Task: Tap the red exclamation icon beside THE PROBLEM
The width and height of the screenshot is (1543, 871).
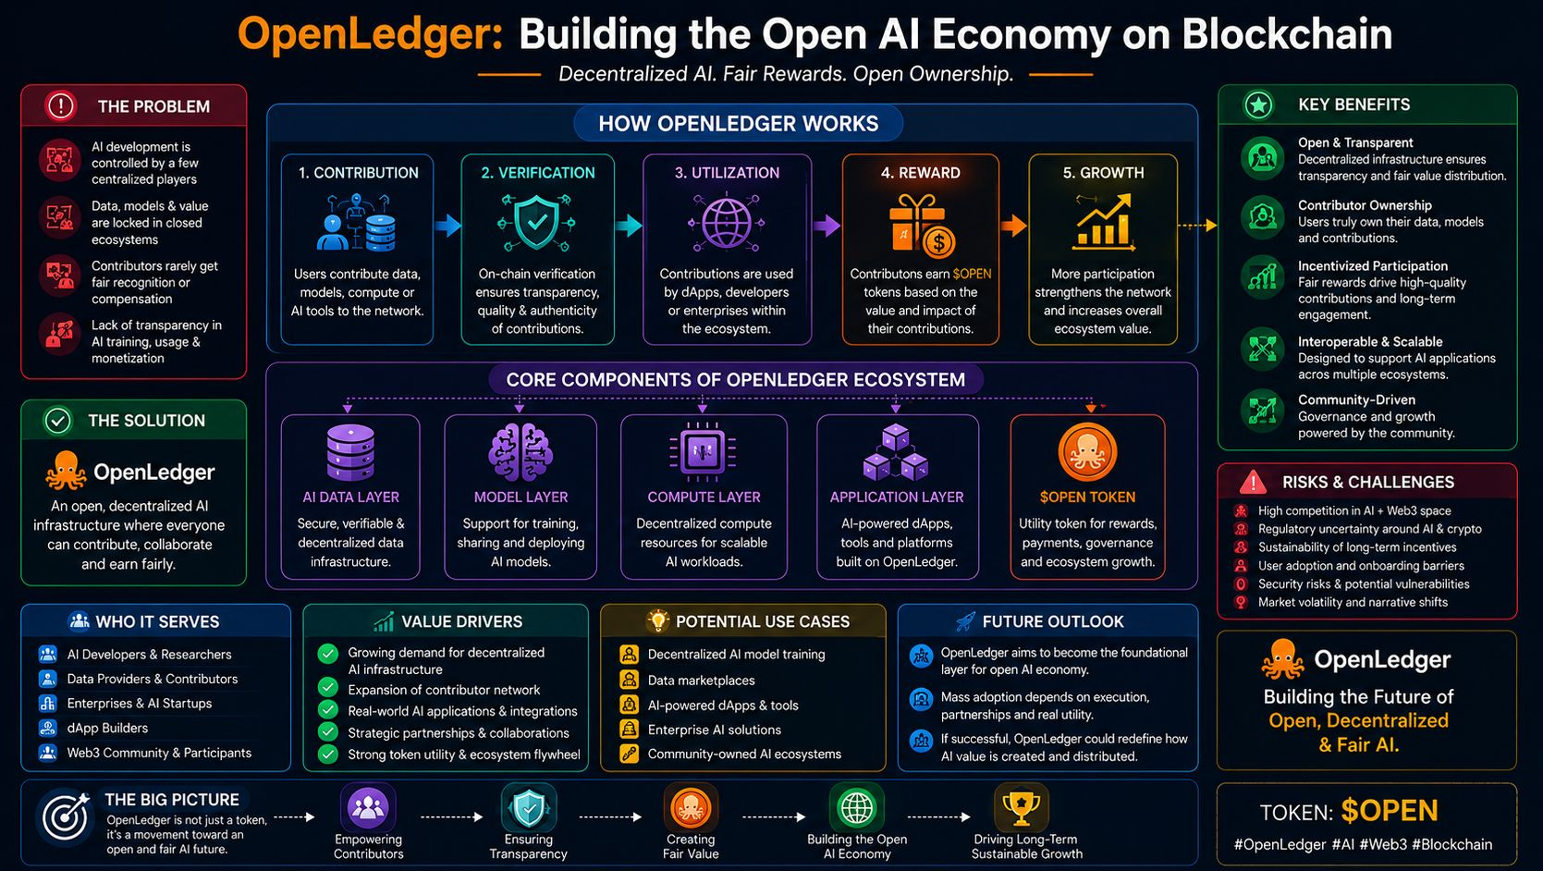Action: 60,106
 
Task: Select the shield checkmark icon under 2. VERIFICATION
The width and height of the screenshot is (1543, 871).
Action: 536,223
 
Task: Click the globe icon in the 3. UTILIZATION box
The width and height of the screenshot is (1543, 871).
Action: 726,223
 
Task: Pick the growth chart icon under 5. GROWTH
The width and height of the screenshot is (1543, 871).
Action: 1103,222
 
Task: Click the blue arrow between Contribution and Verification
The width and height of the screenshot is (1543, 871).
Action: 447,225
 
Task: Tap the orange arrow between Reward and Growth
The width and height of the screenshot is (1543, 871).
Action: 1014,225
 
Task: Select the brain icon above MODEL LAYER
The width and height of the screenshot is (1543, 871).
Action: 520,452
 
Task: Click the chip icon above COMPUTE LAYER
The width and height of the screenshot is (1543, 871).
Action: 703,451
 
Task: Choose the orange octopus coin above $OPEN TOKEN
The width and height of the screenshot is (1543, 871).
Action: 1087,452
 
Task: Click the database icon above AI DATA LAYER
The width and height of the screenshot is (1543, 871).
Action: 350,452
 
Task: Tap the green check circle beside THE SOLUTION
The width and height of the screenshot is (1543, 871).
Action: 58,421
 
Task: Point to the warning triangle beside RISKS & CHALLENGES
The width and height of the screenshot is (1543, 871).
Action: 1253,482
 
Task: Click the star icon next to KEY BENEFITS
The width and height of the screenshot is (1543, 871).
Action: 1258,104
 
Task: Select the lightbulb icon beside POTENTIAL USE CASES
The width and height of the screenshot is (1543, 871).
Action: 658,620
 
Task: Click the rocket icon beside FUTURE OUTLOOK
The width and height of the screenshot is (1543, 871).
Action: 966,621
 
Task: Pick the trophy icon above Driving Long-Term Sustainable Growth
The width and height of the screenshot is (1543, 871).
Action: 1021,807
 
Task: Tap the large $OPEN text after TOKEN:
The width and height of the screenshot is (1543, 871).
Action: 1390,811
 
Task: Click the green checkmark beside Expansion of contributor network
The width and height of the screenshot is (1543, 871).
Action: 328,688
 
